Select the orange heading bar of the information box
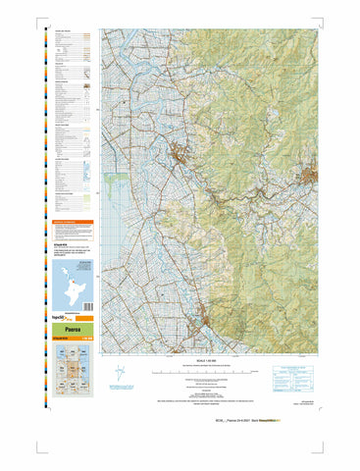[x=73, y=222]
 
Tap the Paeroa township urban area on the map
[x=179, y=154]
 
